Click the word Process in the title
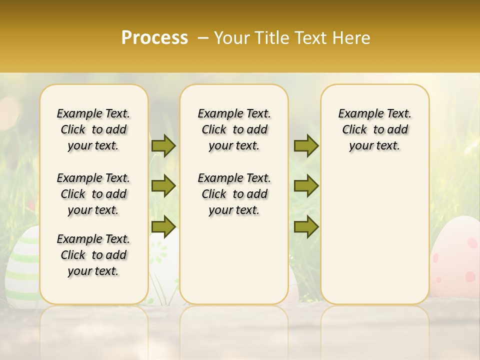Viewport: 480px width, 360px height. point(154,38)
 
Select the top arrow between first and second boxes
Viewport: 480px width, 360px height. point(163,146)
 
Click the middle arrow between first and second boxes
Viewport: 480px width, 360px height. point(163,186)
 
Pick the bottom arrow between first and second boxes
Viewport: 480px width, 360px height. point(163,226)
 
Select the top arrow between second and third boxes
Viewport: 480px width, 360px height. point(306,146)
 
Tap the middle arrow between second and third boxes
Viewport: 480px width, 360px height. point(306,186)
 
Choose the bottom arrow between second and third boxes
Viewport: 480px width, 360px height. point(306,226)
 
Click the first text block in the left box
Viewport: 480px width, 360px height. point(93,129)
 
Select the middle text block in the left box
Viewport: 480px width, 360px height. point(93,194)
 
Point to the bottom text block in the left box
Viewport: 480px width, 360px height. point(93,255)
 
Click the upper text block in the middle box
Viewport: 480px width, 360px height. point(234,129)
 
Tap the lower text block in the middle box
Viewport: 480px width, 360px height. point(234,194)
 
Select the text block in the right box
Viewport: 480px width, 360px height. point(374,129)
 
